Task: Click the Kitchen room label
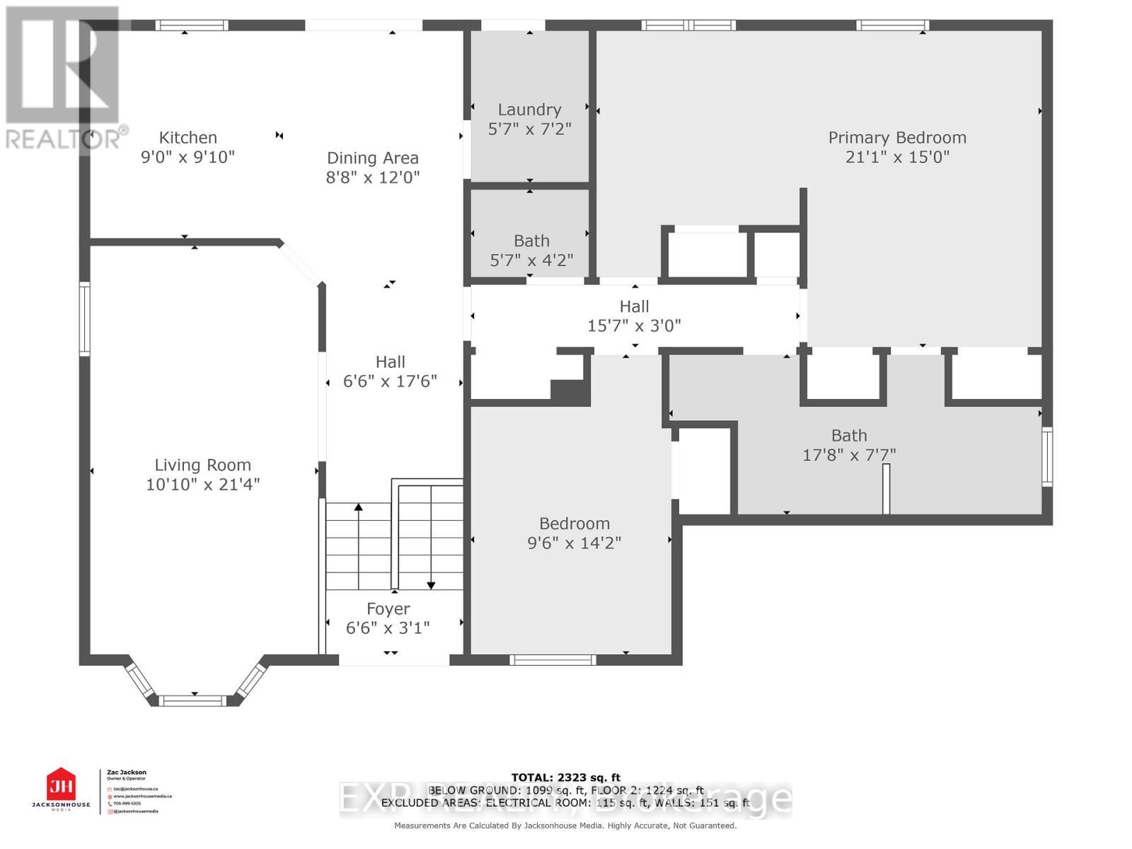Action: tap(187, 138)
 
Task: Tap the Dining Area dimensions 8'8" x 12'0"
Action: tap(373, 177)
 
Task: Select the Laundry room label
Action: tap(529, 110)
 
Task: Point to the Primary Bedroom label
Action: tap(897, 138)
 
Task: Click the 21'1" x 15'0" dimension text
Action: tap(897, 157)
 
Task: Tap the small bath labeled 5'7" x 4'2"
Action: tap(531, 250)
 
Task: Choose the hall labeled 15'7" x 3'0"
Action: tap(634, 316)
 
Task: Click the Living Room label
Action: tap(203, 466)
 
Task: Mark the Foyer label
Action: tap(388, 609)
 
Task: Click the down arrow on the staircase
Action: tap(431, 584)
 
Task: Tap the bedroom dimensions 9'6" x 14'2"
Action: tap(574, 543)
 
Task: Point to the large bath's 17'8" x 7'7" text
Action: tap(849, 455)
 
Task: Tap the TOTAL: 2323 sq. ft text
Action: tap(565, 778)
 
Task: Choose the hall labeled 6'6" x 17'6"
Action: tap(390, 371)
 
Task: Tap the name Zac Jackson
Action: tap(127, 773)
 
